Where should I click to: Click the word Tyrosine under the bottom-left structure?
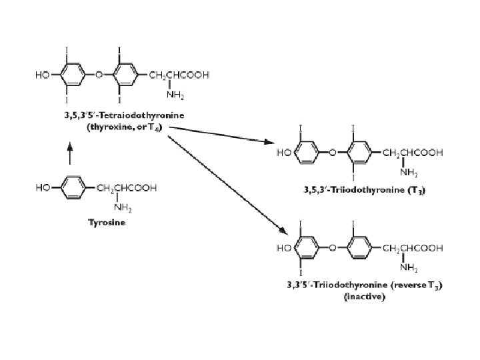107,223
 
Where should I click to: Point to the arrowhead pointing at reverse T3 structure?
283,233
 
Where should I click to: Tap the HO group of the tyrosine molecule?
44,188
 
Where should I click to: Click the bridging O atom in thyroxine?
98,74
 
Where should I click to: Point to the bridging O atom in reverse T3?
331,248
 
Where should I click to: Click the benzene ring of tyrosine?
72,188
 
